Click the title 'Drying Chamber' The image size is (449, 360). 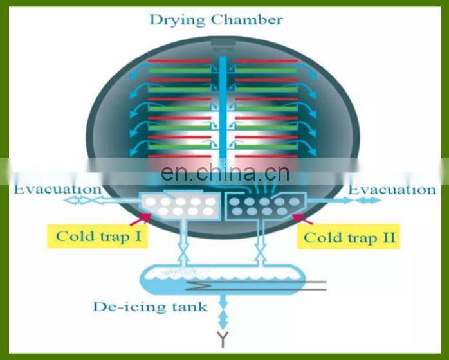point(215,19)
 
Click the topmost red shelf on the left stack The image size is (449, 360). point(179,61)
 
